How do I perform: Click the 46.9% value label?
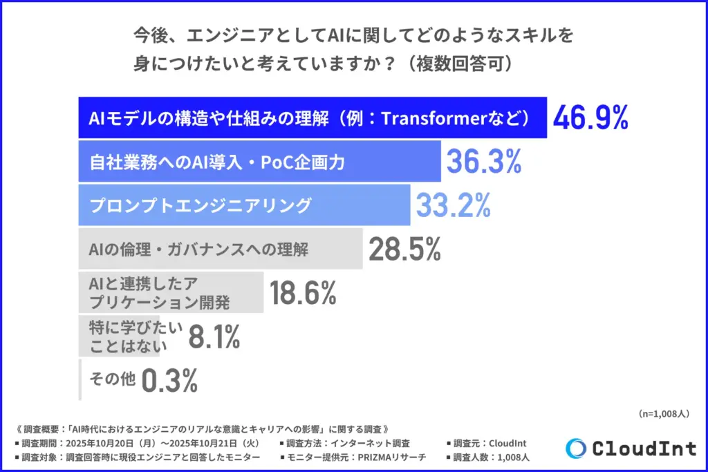pos(590,118)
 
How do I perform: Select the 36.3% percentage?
pos(483,161)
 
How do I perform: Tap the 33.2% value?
pos(453,205)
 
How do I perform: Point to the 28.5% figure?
pos(404,249)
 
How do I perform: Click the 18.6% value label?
pos(303,293)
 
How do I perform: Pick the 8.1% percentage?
pos(214,337)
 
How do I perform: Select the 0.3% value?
pos(170,380)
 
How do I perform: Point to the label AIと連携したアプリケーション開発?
pos(159,293)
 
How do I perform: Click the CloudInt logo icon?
pos(575,449)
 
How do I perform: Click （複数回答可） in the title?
pos(460,63)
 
